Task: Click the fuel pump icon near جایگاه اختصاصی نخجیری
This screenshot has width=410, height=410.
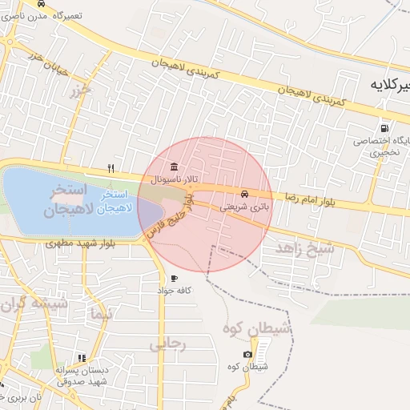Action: (x=386, y=127)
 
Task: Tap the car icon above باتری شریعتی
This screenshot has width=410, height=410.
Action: (x=243, y=194)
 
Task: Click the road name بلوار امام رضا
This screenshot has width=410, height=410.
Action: (x=309, y=196)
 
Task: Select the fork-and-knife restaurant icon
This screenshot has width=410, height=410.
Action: (x=111, y=169)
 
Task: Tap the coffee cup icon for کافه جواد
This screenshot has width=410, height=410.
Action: (x=175, y=279)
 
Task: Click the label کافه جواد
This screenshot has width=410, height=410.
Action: (x=178, y=291)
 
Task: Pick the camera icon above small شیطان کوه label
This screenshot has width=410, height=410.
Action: (x=247, y=354)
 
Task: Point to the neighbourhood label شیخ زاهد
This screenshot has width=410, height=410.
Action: (x=304, y=248)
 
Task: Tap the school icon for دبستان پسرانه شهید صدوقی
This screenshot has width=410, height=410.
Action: (x=80, y=358)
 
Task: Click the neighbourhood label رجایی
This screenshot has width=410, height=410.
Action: (x=167, y=344)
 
